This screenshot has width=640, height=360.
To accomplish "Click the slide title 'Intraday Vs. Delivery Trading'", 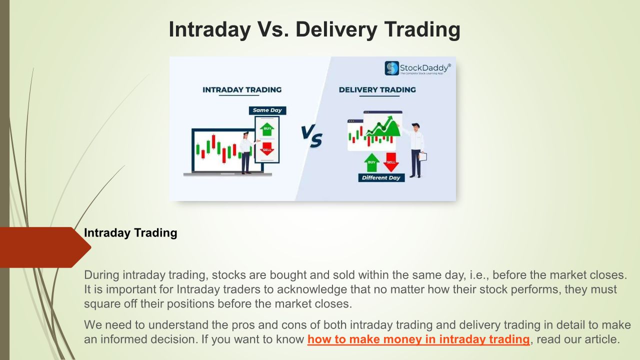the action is click(x=314, y=29).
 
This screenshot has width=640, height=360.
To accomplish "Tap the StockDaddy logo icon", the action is click(x=391, y=68).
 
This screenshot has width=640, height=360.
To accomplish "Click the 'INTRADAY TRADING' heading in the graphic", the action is click(x=242, y=89).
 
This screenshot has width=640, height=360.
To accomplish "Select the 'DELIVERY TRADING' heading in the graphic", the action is click(x=377, y=89).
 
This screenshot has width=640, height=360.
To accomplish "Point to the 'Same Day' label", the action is click(x=267, y=110).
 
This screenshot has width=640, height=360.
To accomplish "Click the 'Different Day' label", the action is click(x=381, y=177).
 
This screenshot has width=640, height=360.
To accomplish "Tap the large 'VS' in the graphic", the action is click(x=311, y=136).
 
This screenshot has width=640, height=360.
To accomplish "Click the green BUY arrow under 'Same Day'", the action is click(x=267, y=129).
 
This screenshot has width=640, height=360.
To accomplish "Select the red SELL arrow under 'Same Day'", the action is click(x=267, y=149).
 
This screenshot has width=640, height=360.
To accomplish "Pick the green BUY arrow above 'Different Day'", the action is click(x=371, y=162).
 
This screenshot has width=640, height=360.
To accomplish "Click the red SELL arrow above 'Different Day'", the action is click(x=391, y=162).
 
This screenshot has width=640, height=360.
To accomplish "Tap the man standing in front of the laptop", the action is click(x=245, y=153).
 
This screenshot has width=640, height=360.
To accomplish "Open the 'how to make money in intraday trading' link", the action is click(x=418, y=339).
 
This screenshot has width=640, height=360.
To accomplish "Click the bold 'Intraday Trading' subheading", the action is click(x=130, y=233).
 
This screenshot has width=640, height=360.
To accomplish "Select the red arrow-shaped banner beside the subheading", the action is click(x=45, y=247).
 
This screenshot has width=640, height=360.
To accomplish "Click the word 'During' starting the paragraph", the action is click(x=101, y=275).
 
